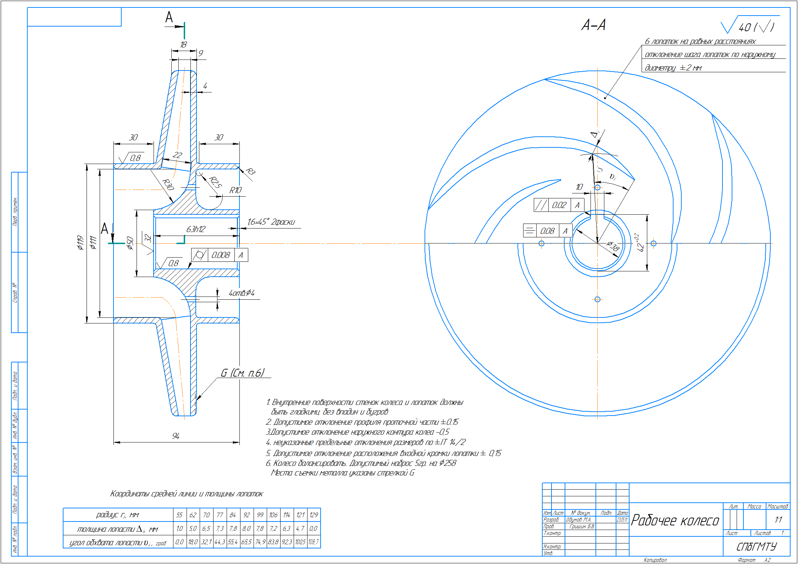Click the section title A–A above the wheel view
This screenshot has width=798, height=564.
pos(593,25)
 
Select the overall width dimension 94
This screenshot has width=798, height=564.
pos(176,436)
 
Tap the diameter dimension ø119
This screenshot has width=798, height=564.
pos(81,243)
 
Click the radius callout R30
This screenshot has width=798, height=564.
pos(168,185)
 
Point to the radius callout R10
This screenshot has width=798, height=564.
pos(235,190)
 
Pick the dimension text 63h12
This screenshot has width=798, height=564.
pos(196,229)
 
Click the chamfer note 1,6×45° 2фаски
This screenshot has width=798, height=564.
pos(271,222)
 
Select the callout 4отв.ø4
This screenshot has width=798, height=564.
pos(242,293)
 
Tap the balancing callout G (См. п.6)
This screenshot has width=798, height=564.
pos(243,373)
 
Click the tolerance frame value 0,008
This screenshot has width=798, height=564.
pos(221,255)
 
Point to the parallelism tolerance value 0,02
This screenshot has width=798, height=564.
pos(559,205)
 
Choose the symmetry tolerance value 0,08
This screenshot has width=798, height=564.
pos(547,231)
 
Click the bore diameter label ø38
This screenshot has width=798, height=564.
pos(613,246)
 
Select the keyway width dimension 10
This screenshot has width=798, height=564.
pos(579,187)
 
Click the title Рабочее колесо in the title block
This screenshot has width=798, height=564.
pos(675,520)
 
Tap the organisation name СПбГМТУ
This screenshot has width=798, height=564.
pos(757,547)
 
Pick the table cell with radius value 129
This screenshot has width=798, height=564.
pos(314,515)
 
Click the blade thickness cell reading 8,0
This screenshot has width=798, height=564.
pos(246,529)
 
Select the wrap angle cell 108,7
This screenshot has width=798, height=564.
pos(314,542)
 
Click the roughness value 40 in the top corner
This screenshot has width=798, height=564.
pos(745,27)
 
